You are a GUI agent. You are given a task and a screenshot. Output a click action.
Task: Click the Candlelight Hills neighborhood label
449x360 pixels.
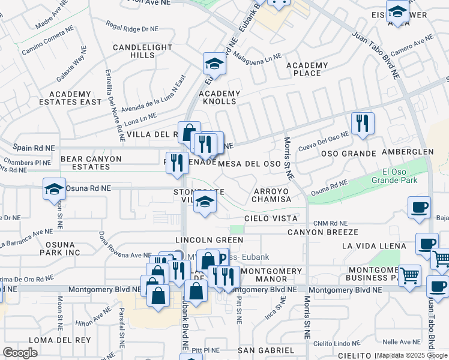point(134,51)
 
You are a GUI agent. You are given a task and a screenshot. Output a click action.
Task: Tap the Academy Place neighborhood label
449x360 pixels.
point(307,69)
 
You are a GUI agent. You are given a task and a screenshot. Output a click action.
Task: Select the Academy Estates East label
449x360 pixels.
point(76,98)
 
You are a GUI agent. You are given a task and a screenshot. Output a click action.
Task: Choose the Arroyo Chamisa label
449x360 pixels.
point(271,195)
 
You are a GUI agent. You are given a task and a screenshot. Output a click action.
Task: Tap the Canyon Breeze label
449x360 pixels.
point(322,232)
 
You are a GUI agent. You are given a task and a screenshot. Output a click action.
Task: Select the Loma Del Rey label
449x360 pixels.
point(50,340)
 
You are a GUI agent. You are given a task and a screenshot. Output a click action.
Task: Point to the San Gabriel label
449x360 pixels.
point(266,350)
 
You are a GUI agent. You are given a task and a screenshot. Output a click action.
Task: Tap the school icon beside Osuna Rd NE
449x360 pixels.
point(54,188)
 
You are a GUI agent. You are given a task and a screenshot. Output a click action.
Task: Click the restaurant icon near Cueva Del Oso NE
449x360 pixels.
point(363,124)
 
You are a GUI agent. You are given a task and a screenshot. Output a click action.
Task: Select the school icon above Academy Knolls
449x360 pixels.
point(214,63)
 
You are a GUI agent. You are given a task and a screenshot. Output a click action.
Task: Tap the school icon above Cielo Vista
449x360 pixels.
point(205,203)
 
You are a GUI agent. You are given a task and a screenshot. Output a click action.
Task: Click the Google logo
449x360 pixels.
point(20,353)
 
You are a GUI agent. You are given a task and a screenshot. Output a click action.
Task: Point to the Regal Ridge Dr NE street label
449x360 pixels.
point(132,27)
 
